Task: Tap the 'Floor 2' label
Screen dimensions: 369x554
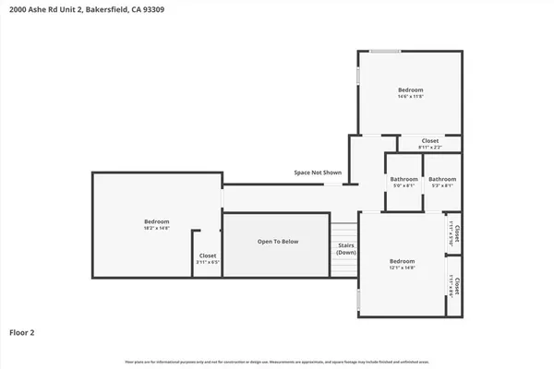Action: pos(23,332)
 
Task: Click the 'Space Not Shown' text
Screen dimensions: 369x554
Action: pos(318,173)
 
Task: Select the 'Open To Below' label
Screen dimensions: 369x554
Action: pos(277,242)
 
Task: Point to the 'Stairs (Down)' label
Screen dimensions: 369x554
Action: pos(346,249)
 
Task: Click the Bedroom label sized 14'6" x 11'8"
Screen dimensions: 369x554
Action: pos(410,89)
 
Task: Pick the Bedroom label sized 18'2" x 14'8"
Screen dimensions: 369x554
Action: pos(157,221)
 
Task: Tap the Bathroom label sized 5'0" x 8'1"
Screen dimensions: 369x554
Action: pos(403,179)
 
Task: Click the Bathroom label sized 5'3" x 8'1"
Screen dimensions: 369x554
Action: pos(442,179)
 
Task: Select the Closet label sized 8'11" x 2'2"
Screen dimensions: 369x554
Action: pos(430,141)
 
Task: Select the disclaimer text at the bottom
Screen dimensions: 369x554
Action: pos(277,361)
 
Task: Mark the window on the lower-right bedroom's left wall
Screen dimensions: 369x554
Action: pos(358,299)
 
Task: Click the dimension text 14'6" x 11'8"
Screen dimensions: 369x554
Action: pos(410,96)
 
